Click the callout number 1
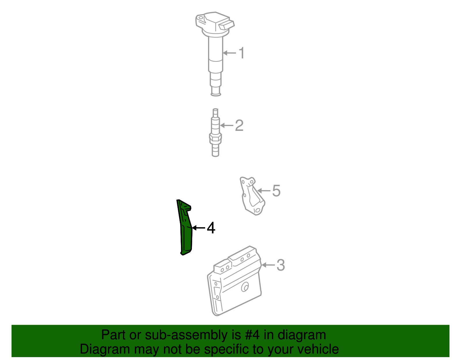[x=242, y=53]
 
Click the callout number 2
[x=239, y=126]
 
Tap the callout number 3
[x=280, y=265]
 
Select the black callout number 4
[x=211, y=228]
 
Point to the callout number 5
[x=276, y=191]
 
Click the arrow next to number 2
[x=226, y=125]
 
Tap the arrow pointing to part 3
[x=268, y=265]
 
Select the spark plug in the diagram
[x=215, y=133]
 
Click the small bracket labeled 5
[x=252, y=196]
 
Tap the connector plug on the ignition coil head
[x=226, y=25]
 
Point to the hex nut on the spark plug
[x=215, y=138]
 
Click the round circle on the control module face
[x=245, y=287]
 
